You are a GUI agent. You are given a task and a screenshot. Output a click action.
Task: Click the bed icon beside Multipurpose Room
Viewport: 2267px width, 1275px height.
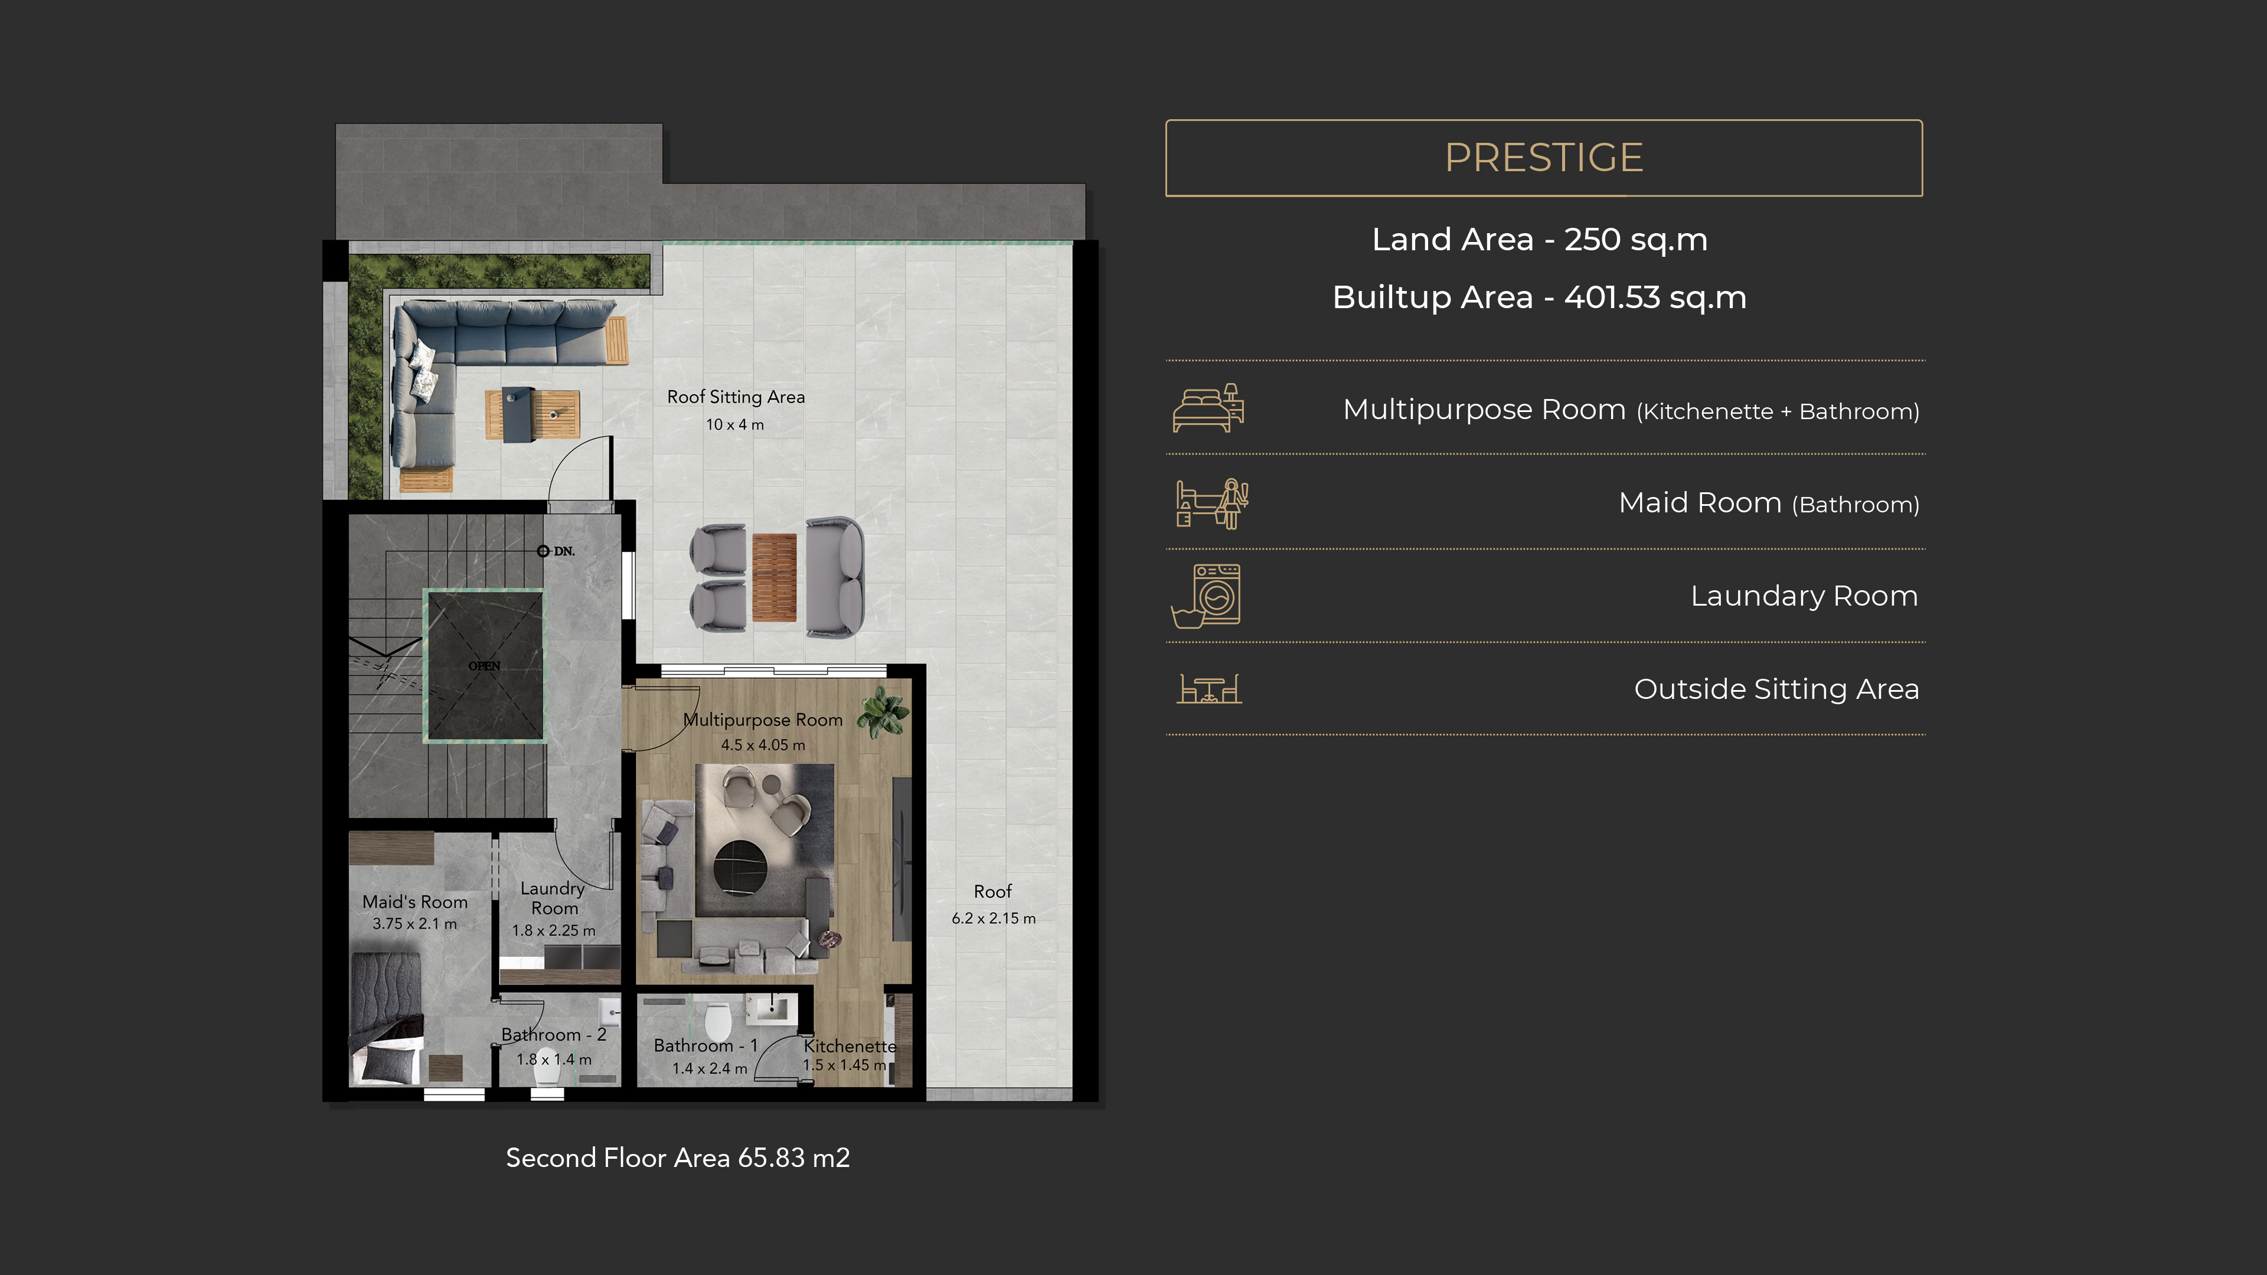(x=1208, y=407)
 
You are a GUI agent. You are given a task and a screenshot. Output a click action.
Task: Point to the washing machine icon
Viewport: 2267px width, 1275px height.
(x=1207, y=596)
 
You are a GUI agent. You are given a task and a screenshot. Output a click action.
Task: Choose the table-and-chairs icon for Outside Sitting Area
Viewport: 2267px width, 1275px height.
(x=1209, y=689)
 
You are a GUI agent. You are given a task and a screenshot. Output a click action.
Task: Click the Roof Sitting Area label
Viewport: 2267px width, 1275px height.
(x=736, y=397)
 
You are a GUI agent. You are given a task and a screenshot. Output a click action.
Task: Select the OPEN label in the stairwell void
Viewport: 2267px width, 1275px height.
(x=484, y=666)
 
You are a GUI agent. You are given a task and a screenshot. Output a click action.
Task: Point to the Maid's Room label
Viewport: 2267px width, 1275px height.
(x=414, y=902)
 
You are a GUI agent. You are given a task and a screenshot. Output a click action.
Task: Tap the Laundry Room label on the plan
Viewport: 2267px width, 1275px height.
(x=554, y=898)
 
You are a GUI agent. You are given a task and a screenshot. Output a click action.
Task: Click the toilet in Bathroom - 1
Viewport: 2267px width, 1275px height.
(x=718, y=1020)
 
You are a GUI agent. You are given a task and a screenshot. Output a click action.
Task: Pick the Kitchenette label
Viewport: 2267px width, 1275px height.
(x=850, y=1046)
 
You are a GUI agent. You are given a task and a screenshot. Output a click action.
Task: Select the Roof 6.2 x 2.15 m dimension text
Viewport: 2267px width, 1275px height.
(x=994, y=918)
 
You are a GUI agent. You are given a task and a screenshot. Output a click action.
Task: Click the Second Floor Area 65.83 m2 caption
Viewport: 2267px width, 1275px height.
(x=678, y=1158)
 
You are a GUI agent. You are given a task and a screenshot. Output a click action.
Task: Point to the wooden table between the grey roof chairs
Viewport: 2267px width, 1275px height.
(x=775, y=577)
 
